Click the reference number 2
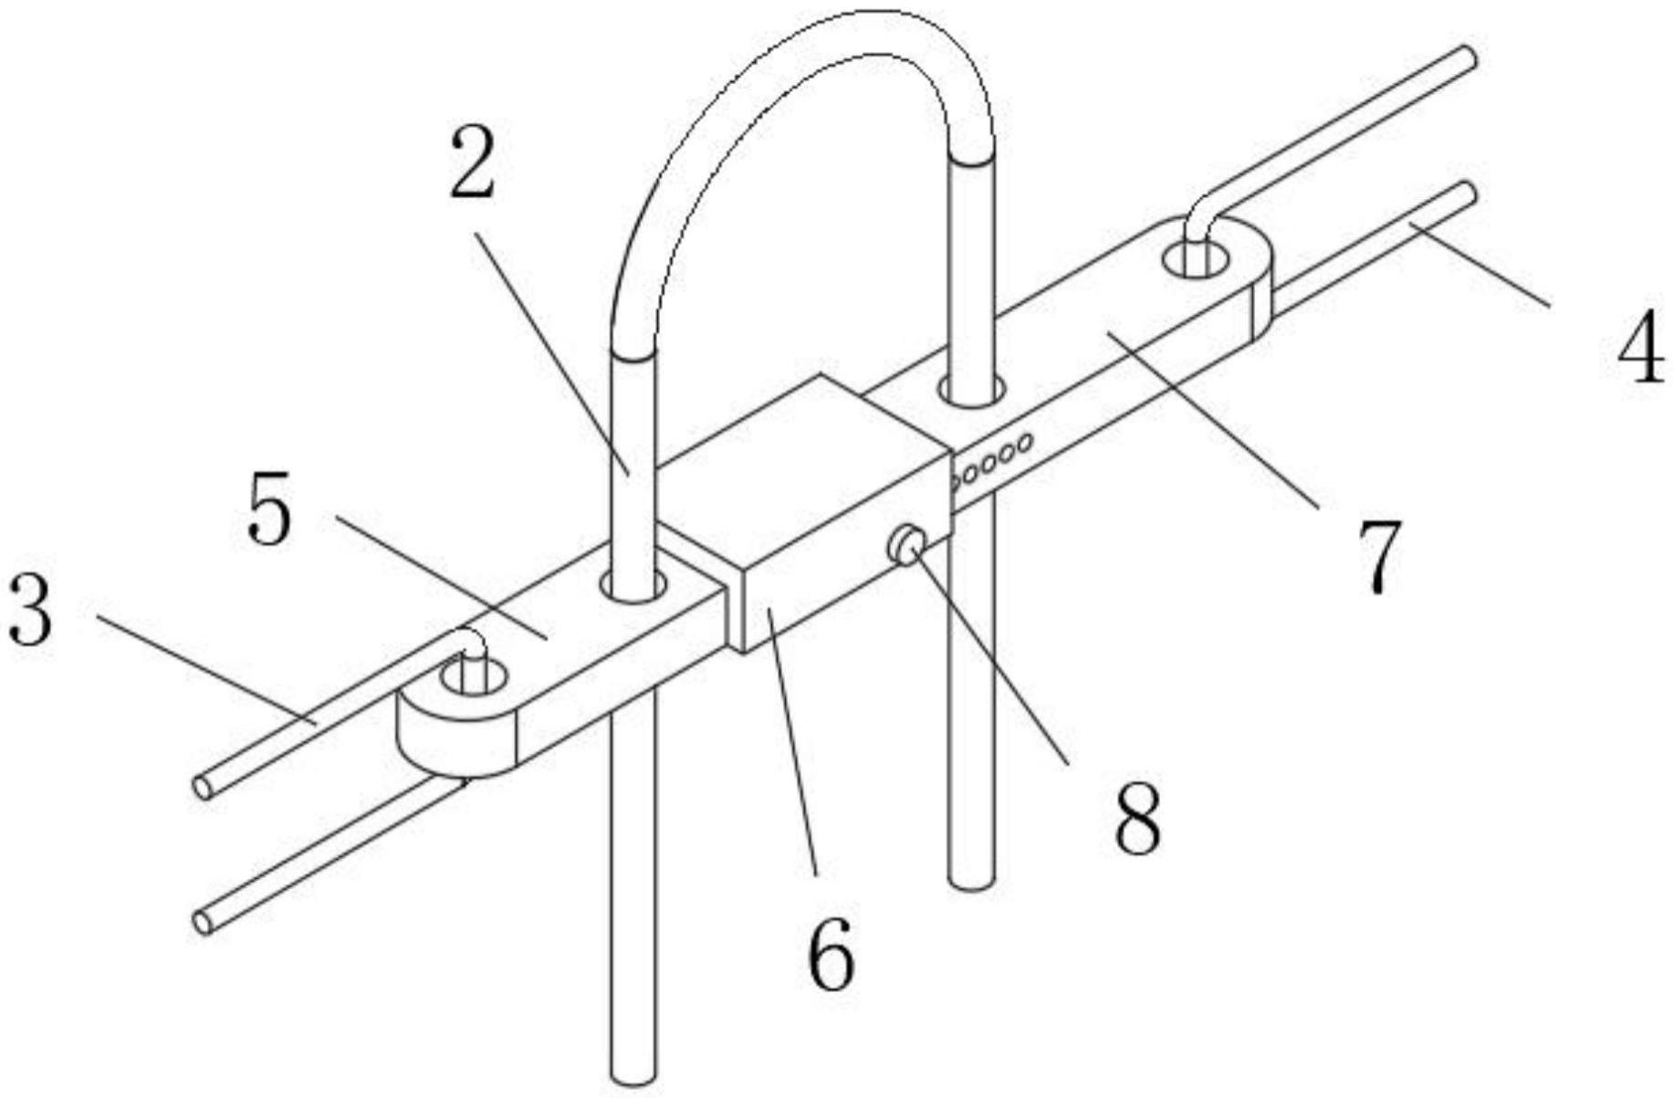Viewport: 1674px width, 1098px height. click(x=472, y=163)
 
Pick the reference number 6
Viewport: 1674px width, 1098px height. click(x=831, y=955)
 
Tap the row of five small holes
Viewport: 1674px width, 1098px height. click(x=991, y=459)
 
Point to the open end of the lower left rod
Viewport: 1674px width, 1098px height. click(x=204, y=922)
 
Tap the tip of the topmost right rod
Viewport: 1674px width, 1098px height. click(x=1467, y=58)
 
